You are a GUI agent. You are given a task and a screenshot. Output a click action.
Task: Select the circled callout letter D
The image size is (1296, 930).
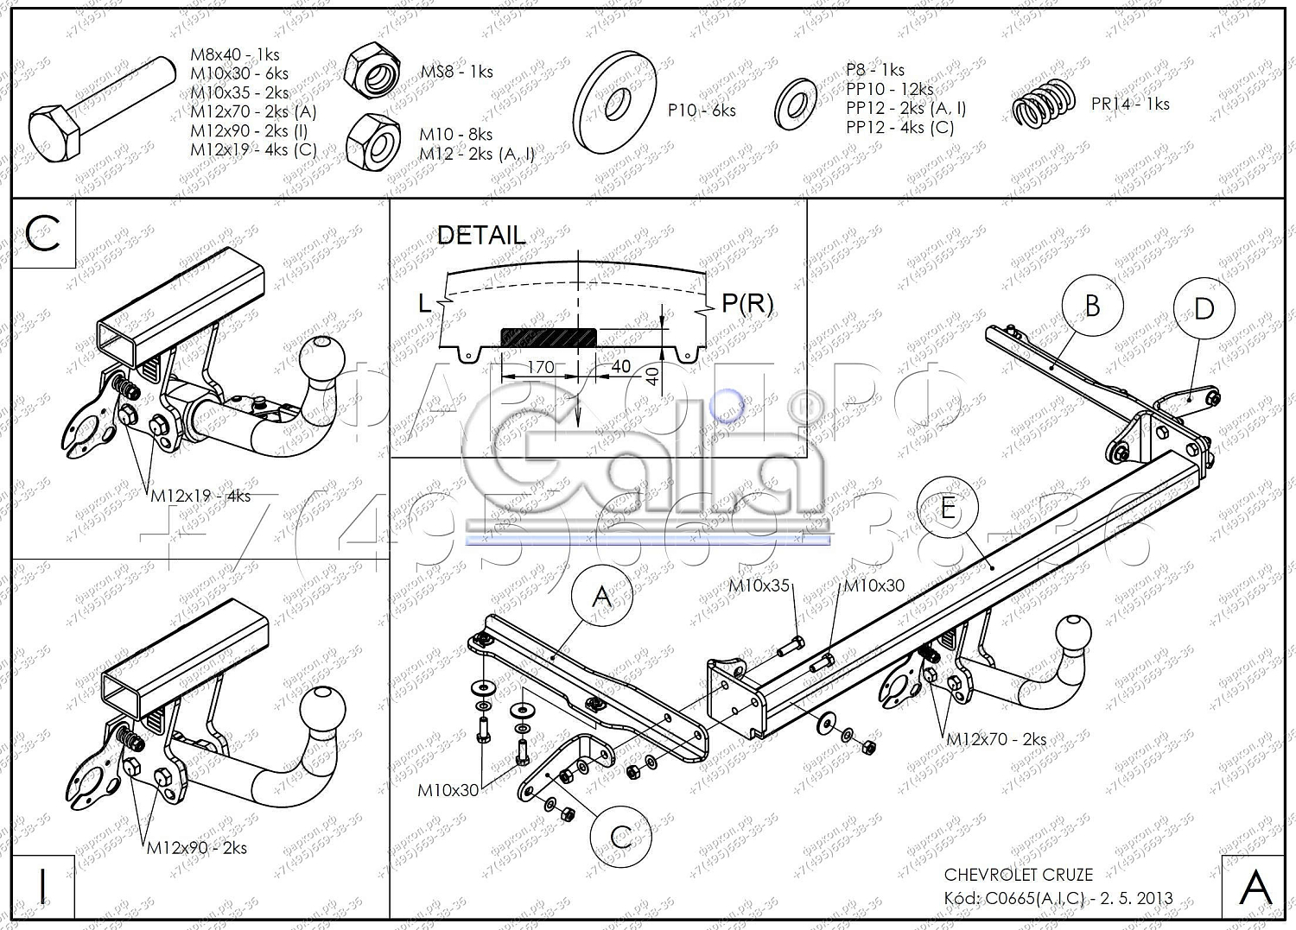(x=1204, y=308)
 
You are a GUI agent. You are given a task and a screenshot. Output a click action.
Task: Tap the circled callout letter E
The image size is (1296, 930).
(x=948, y=508)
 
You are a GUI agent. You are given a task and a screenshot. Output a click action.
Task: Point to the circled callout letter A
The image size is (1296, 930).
(x=602, y=597)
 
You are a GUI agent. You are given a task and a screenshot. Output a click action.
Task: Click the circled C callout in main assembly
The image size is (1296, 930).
(x=620, y=836)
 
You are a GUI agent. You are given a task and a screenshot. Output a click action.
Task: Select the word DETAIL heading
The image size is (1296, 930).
(x=481, y=235)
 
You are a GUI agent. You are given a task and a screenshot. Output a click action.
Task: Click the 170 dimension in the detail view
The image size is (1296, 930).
(x=541, y=367)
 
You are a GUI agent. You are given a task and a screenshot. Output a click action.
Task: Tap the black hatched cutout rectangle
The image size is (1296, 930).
(x=549, y=337)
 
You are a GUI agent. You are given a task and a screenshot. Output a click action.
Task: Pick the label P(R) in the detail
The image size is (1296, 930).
(x=747, y=303)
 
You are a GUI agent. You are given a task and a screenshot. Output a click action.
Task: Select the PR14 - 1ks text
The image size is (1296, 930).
(x=1130, y=104)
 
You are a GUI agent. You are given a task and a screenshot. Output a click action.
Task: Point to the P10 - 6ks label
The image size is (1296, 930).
(x=702, y=111)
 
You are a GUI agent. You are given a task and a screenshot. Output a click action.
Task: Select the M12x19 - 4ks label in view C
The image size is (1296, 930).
(x=200, y=496)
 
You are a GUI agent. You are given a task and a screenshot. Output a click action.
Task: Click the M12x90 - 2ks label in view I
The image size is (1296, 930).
(x=197, y=847)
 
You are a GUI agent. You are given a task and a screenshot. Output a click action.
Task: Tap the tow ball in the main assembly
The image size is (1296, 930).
(x=1074, y=633)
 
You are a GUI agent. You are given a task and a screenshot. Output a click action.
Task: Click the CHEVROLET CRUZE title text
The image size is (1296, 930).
(x=1018, y=875)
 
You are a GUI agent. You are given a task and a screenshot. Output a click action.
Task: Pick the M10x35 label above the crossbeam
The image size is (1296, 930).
(x=759, y=585)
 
